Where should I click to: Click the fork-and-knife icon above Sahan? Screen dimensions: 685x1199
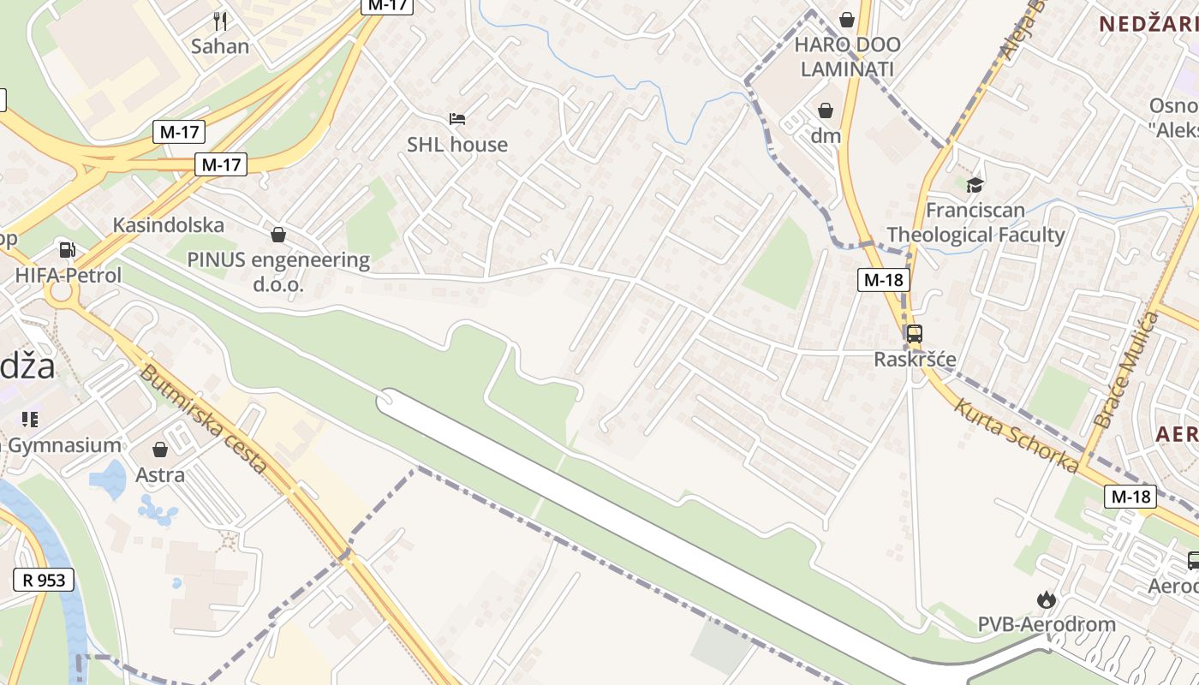click(x=220, y=21)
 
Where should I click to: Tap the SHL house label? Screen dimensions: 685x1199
click(x=457, y=145)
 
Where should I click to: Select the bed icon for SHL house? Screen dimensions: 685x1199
click(x=457, y=118)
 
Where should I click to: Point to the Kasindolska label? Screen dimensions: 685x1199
click(x=169, y=225)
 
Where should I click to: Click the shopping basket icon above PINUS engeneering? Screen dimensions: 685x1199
click(x=278, y=235)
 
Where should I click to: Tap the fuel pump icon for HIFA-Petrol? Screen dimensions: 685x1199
click(x=67, y=250)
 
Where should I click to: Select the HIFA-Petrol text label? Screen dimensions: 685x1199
click(x=69, y=276)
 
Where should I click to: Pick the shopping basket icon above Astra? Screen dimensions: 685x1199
click(x=160, y=450)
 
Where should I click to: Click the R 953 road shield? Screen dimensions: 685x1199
click(x=44, y=580)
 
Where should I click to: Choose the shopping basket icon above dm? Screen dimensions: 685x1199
click(x=826, y=110)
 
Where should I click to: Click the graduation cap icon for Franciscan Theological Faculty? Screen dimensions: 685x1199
click(x=975, y=185)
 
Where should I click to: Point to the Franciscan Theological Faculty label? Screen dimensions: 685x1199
click(x=975, y=223)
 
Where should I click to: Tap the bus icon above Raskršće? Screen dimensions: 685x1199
click(x=915, y=334)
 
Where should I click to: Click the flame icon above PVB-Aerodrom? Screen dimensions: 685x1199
click(x=1046, y=599)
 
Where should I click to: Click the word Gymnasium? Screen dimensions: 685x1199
click(x=64, y=445)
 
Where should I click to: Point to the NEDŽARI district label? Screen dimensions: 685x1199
click(x=1148, y=23)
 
